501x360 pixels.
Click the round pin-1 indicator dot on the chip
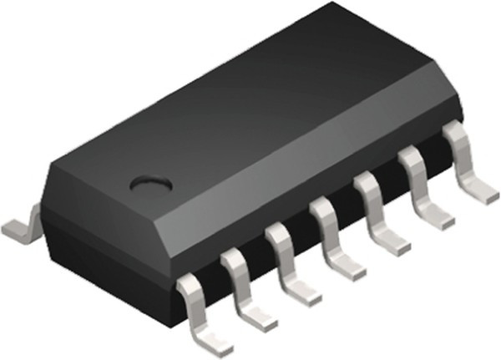[x=152, y=180]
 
